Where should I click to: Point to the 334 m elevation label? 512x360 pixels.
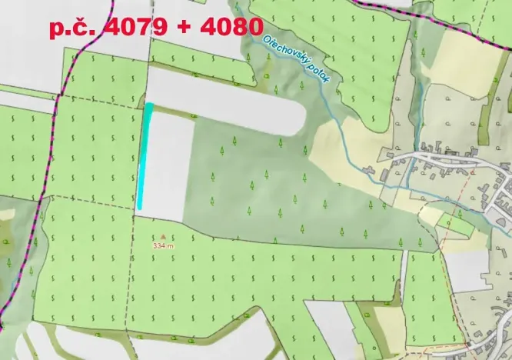pos(163,245)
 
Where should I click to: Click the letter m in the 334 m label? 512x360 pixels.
pos(171,245)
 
